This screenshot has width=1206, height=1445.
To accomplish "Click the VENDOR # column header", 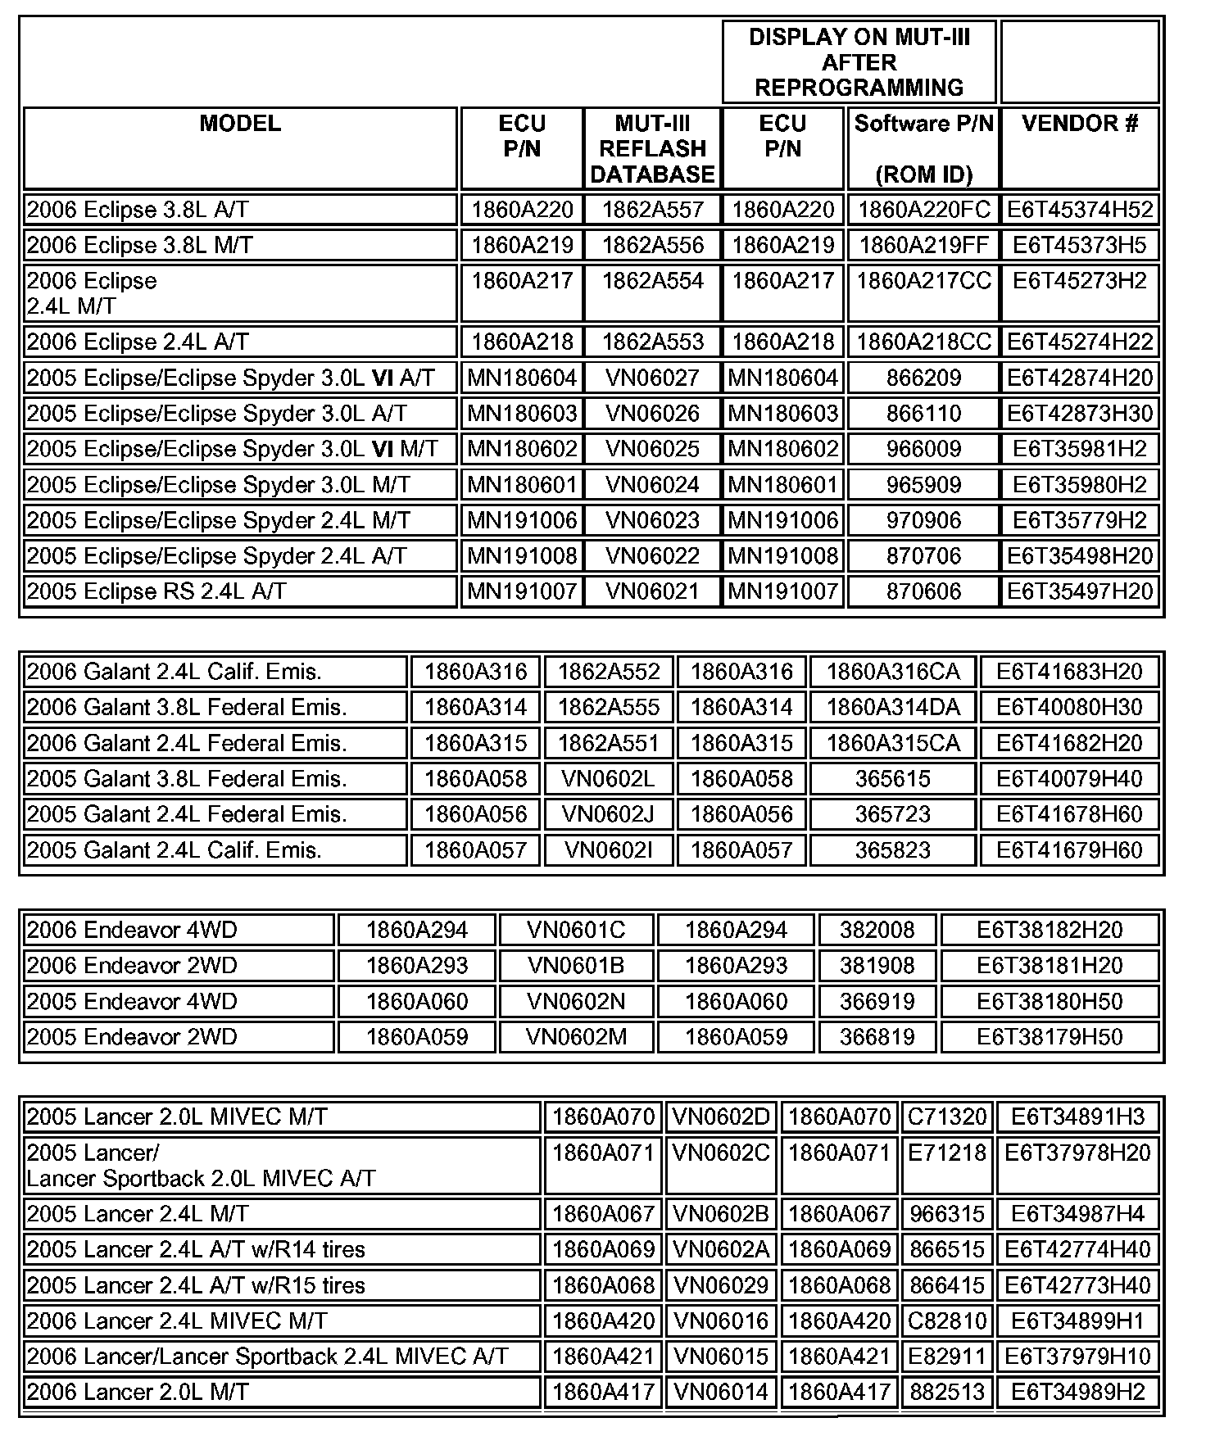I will (1079, 124).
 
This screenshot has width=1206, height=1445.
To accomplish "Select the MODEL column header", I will (240, 124).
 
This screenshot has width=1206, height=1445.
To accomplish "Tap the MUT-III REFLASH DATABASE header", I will (652, 148).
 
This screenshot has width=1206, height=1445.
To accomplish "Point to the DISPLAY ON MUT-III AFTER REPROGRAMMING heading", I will (859, 62).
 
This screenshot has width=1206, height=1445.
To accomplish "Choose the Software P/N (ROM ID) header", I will (923, 148).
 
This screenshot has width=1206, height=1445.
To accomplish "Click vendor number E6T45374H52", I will (1079, 210).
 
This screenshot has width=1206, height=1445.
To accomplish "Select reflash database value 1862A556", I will (652, 245).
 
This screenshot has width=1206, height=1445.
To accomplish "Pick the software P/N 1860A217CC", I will (923, 281).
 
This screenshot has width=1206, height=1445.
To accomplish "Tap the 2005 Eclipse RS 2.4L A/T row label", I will (156, 591).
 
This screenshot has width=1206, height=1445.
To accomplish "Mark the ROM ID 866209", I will (923, 378).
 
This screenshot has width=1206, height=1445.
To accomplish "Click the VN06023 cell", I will (652, 520).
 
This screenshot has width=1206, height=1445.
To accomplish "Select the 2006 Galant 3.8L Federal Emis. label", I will (187, 707).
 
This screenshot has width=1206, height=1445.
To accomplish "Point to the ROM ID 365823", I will (892, 849).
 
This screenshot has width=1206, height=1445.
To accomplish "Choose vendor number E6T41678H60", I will (1068, 814).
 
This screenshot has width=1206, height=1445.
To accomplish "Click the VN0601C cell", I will (575, 930).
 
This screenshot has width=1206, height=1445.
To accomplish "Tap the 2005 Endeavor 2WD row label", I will (132, 1036).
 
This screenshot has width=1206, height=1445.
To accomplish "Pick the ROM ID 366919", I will (877, 1001).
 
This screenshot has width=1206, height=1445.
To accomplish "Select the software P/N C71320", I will (947, 1117).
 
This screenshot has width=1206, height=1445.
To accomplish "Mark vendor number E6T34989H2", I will (1077, 1392).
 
